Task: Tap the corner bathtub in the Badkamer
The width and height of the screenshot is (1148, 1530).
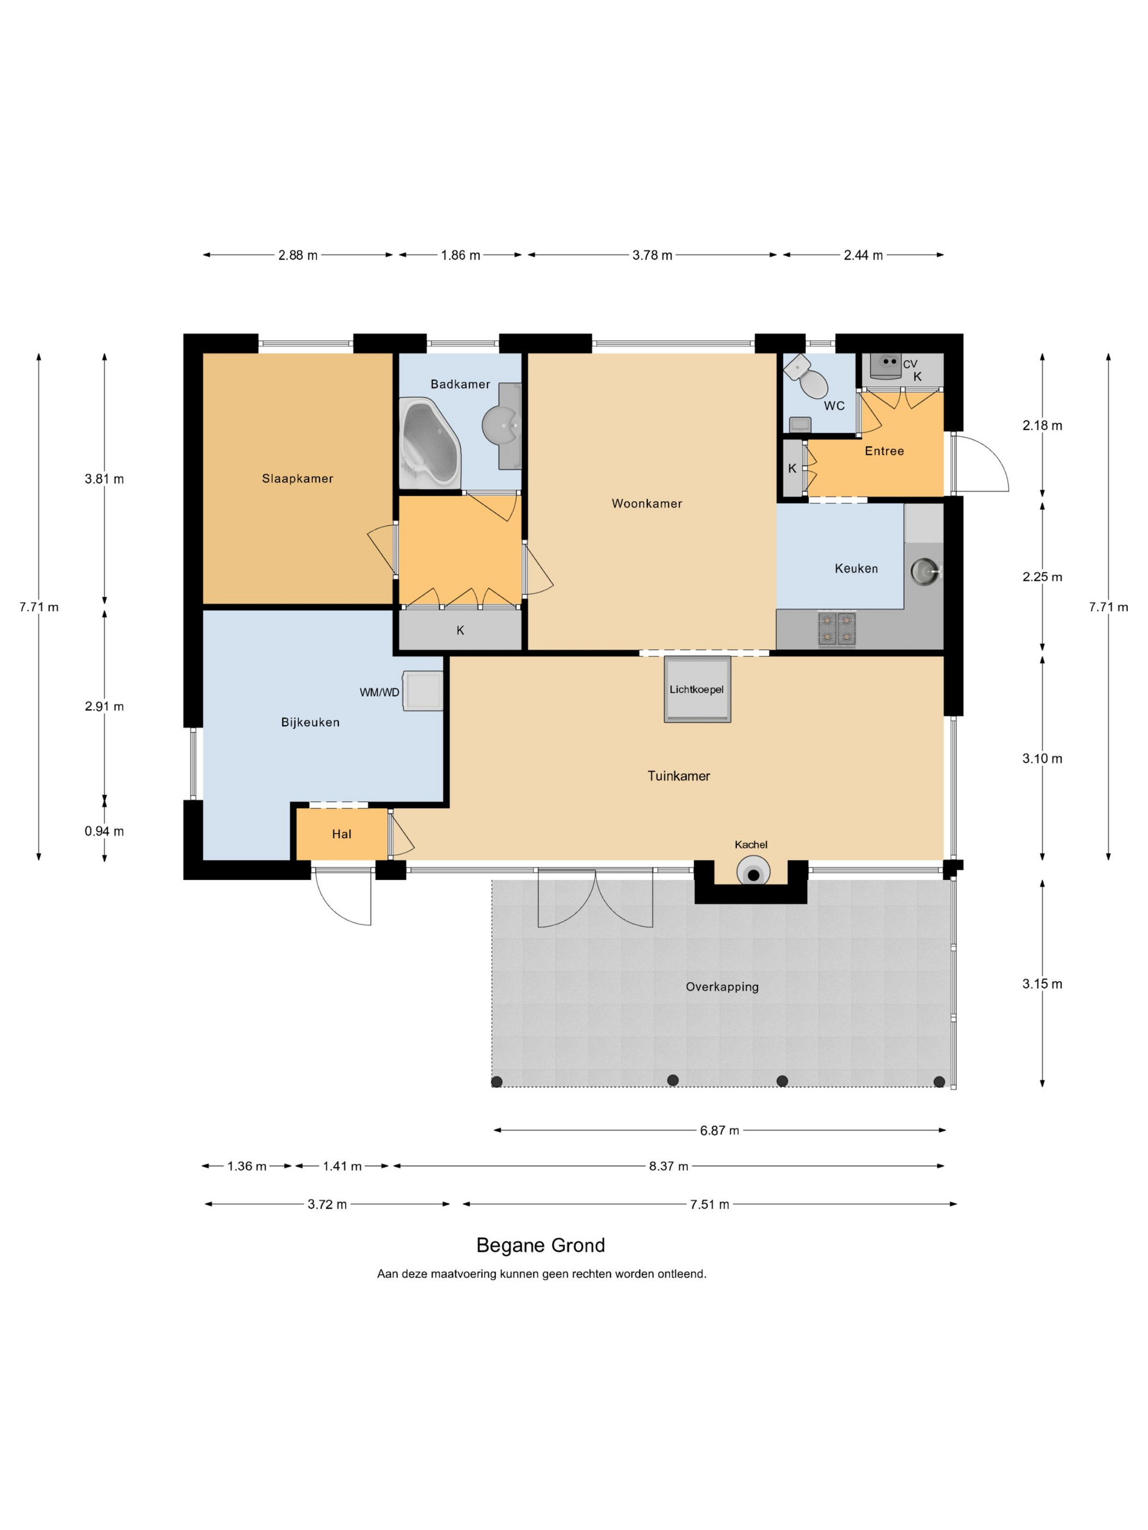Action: click(x=430, y=439)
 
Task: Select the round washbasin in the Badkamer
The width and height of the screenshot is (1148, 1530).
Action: click(x=500, y=425)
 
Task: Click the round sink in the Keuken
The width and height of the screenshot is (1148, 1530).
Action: click(x=925, y=572)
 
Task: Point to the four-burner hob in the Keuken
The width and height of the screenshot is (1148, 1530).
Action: click(x=836, y=629)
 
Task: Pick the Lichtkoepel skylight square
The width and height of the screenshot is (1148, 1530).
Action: click(x=697, y=689)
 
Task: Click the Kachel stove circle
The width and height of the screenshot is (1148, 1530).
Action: click(x=753, y=872)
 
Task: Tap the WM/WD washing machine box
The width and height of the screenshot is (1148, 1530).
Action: click(x=423, y=690)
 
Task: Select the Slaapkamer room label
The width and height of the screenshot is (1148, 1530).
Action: click(x=297, y=479)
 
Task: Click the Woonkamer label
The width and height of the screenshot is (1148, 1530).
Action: click(x=646, y=504)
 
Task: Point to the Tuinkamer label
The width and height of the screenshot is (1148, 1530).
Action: click(x=678, y=776)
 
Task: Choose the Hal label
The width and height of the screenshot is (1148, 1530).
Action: click(x=342, y=834)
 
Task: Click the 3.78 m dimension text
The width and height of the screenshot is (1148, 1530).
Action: click(x=652, y=255)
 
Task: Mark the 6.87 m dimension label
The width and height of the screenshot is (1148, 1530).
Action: click(x=719, y=1130)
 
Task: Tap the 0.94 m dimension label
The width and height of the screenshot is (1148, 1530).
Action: click(x=104, y=831)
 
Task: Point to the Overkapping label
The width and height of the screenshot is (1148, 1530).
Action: click(x=722, y=987)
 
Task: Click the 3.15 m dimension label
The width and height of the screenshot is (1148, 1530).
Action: click(x=1042, y=984)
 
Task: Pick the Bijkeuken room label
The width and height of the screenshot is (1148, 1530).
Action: click(x=310, y=722)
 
